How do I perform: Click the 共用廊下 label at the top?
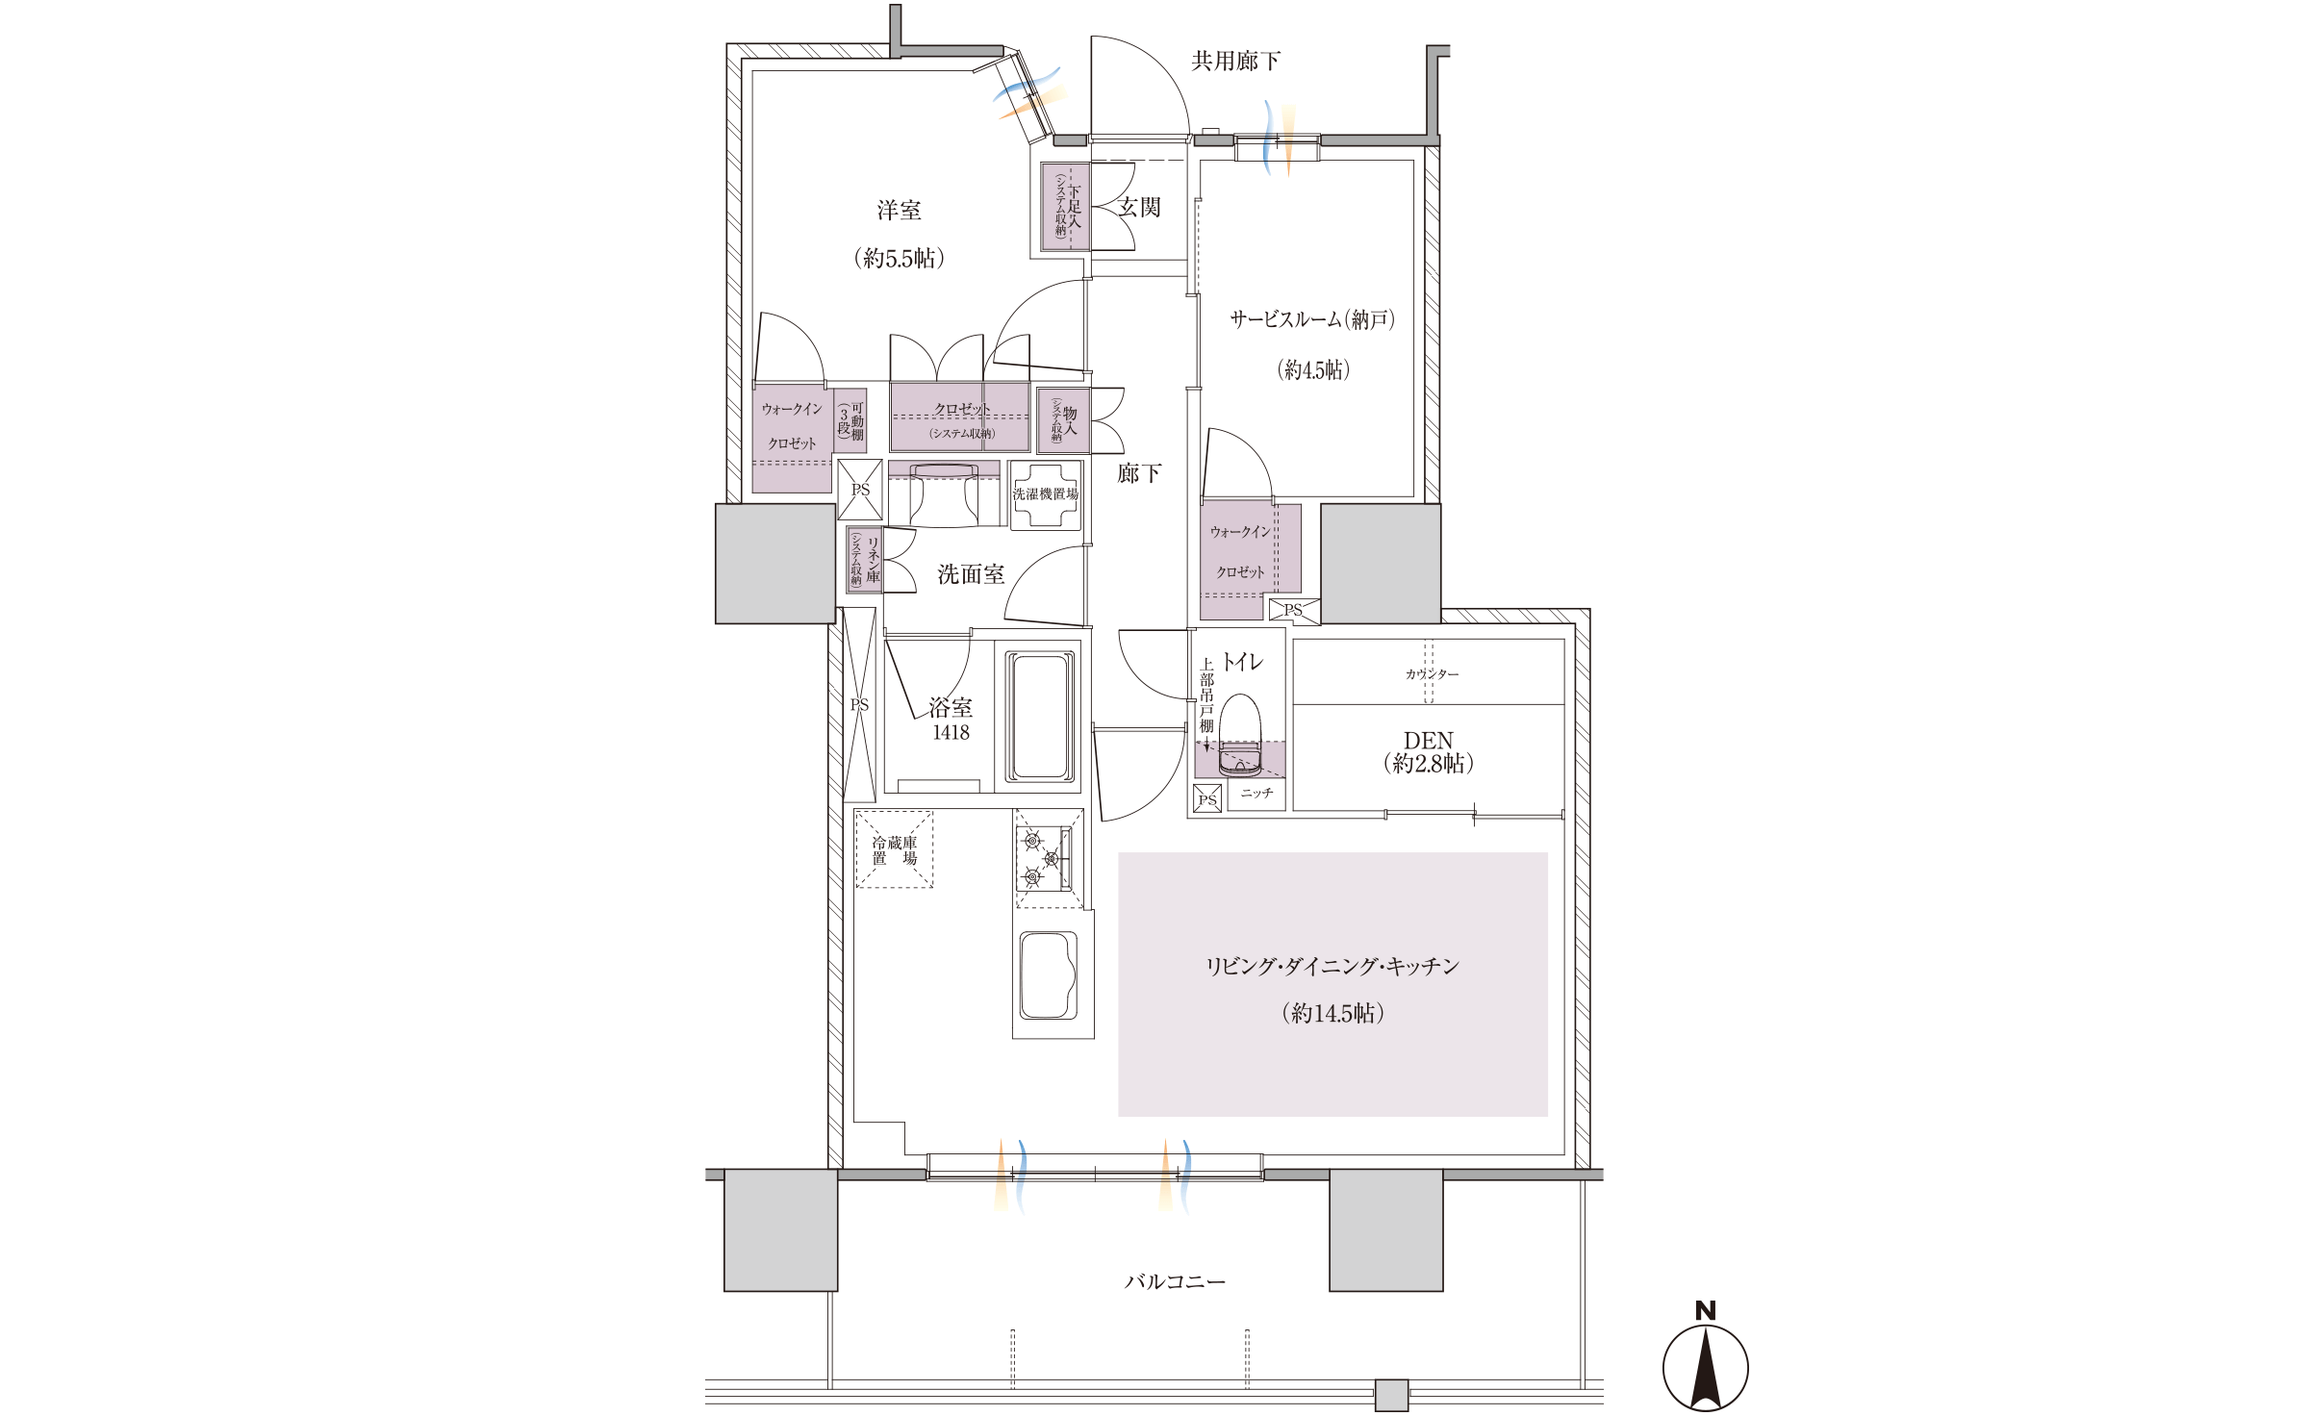(1235, 62)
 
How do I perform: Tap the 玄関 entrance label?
(1140, 208)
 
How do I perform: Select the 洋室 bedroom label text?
(899, 211)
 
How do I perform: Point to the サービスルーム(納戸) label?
(1312, 320)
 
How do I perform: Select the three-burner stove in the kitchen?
(1047, 857)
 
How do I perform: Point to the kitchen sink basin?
(1049, 974)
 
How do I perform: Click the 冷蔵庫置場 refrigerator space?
(894, 850)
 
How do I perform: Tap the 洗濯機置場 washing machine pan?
(1045, 494)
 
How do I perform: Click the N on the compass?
(1705, 1310)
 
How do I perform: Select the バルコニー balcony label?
(1175, 1282)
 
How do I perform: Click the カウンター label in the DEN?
(1432, 674)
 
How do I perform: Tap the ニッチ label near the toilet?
(1256, 794)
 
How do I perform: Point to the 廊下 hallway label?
(1139, 473)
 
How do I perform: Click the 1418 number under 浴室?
(951, 733)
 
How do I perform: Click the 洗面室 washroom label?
(971, 575)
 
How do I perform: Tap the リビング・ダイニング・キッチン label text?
(1332, 967)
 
